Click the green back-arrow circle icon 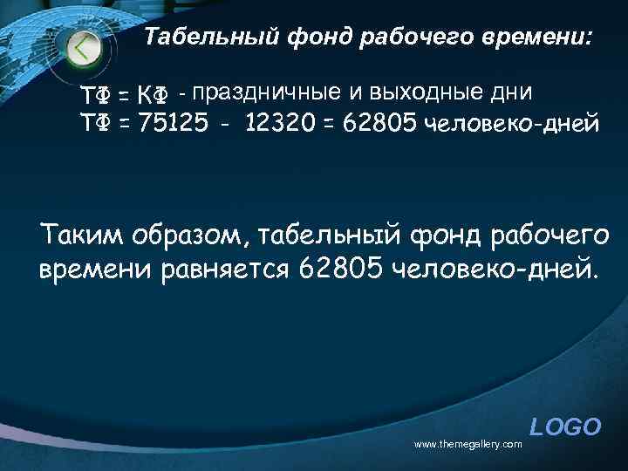coord(84,47)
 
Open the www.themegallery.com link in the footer coord(468,444)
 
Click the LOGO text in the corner coord(565,427)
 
